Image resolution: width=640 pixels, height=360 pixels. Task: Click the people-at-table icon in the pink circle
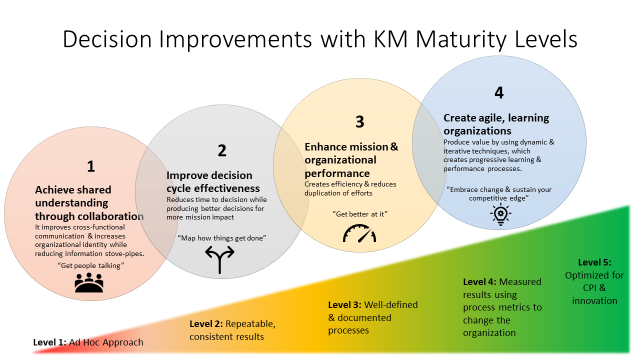[89, 282]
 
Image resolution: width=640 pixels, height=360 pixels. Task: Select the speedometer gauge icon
[359, 233]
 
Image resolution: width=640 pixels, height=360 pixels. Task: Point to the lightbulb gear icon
[500, 215]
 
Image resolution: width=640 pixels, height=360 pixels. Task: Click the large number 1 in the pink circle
[91, 166]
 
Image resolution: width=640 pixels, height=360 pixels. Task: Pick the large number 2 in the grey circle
[222, 150]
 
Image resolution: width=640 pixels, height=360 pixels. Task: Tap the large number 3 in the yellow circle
[359, 121]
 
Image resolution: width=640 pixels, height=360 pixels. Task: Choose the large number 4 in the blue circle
[499, 92]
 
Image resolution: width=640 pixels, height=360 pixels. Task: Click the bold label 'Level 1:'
[49, 342]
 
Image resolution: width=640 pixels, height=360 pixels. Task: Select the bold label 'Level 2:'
[206, 323]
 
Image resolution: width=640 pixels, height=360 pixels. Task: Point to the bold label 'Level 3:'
[344, 305]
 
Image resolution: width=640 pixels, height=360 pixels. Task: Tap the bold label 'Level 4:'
[479, 282]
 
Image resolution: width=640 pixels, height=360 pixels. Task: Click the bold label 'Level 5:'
[594, 262]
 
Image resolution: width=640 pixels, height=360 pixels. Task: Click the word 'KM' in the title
[390, 39]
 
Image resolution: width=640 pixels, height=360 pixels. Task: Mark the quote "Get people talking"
[91, 265]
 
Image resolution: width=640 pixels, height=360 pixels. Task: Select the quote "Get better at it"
[360, 214]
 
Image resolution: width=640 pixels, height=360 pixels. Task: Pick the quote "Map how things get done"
[221, 238]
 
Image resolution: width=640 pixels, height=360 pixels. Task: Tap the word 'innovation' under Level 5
[594, 301]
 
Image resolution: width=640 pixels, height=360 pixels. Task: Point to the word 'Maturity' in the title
[461, 40]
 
